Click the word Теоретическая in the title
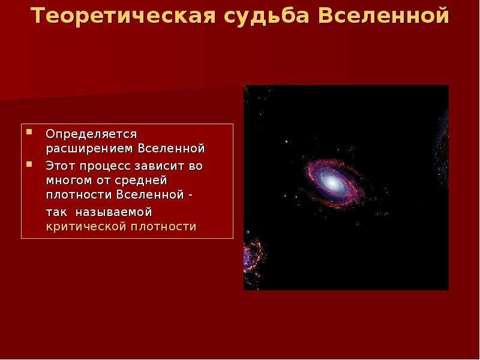[123, 16]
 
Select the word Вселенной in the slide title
[383, 16]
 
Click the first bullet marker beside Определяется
[29, 132]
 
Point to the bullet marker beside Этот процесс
[29, 164]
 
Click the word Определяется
[92, 134]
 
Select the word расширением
[89, 149]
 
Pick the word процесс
[106, 167]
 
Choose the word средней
[141, 181]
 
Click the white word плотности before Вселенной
[79, 195]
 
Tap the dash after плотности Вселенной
[190, 196]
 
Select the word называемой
[114, 212]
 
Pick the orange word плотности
[163, 227]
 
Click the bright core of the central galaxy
[332, 182]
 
